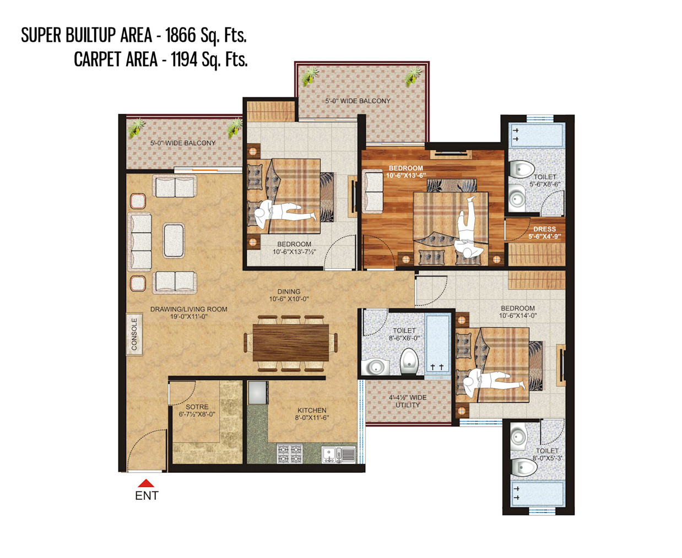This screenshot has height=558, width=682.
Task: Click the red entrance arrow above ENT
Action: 146,483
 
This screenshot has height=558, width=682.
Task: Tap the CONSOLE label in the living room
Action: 134,334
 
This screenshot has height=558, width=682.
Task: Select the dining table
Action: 290,343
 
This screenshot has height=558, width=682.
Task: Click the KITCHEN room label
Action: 312,410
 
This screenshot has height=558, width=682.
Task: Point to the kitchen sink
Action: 339,454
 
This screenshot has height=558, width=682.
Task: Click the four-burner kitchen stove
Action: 289,453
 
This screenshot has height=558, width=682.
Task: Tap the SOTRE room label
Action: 197,407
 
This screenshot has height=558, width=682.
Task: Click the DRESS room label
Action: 545,229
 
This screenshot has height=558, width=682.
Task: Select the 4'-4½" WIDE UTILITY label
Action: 408,401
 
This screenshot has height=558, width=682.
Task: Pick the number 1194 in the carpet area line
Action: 183,59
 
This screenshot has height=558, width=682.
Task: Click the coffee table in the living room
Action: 174,241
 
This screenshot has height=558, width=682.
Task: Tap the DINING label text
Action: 289,291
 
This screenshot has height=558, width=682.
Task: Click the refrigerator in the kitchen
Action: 258,393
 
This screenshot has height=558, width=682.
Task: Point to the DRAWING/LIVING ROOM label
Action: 188,309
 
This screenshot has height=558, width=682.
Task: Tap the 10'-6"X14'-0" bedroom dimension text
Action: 518,315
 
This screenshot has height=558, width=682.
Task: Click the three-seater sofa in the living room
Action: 140,242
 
